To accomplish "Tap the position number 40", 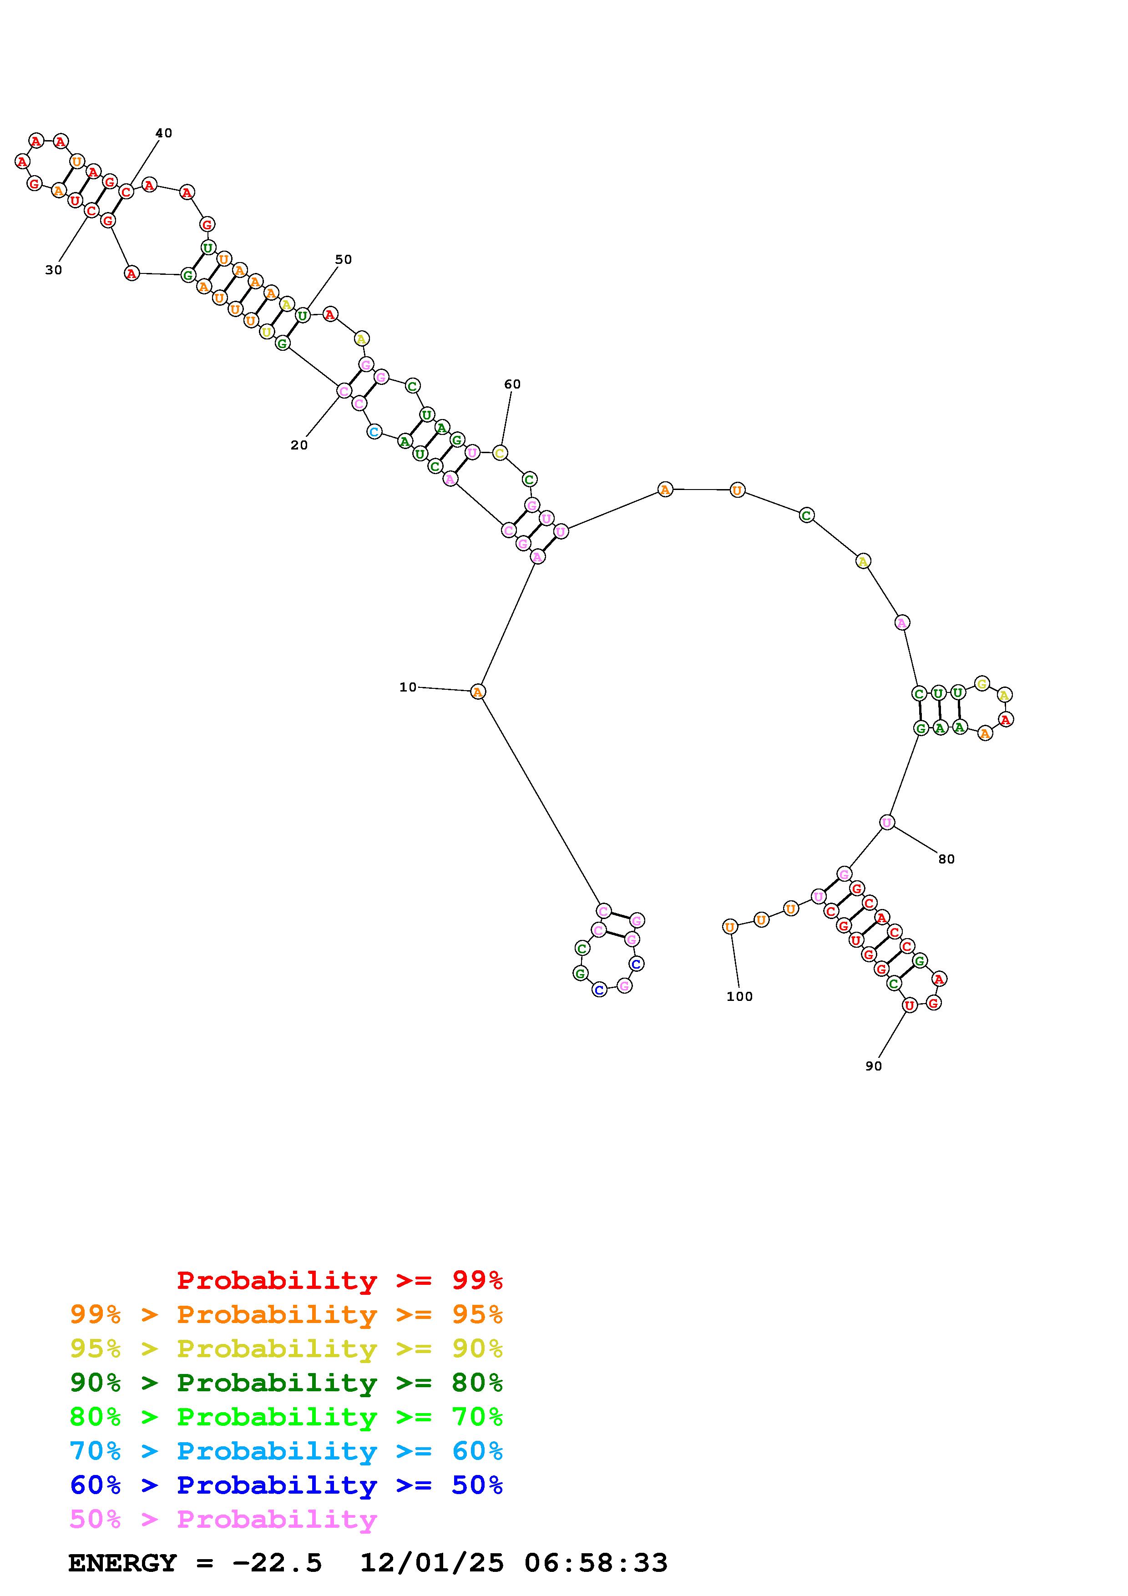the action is coord(163,133).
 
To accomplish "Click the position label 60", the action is coord(512,384).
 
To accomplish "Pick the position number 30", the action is coord(54,270).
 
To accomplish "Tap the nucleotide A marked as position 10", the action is coord(477,692).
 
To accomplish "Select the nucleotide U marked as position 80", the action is coord(887,822).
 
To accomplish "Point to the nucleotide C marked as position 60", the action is coord(500,453).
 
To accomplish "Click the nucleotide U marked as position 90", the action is coord(909,1005).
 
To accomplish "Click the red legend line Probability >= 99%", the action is coord(340,1280).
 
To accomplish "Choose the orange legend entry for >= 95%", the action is coord(286,1314).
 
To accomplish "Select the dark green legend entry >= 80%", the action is coord(286,1383).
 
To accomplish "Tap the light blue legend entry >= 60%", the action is coord(286,1451).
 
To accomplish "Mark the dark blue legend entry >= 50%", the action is coord(286,1485).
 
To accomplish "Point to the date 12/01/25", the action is coord(432,1563).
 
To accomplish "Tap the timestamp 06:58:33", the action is coord(596,1563).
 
